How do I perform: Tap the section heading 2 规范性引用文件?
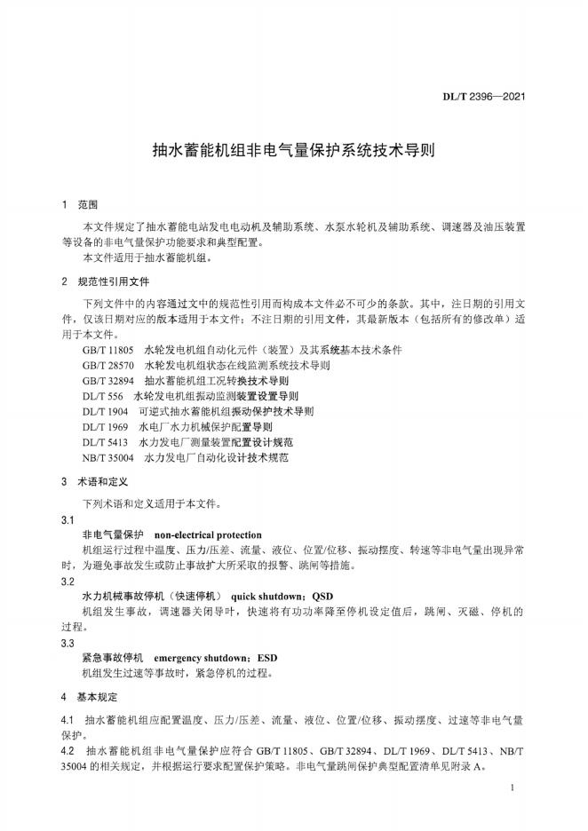tap(106, 281)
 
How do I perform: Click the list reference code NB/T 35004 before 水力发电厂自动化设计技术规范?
tap(107, 458)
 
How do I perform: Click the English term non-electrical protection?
tap(208, 535)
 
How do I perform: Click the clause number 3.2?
tap(68, 582)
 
